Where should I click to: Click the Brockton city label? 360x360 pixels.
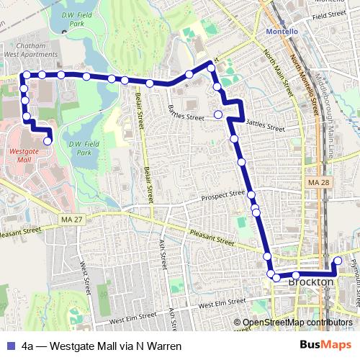(310, 282)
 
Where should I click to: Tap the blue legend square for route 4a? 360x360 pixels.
(9, 346)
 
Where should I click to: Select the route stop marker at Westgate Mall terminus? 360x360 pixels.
(48, 141)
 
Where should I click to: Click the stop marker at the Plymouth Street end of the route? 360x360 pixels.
(338, 260)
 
